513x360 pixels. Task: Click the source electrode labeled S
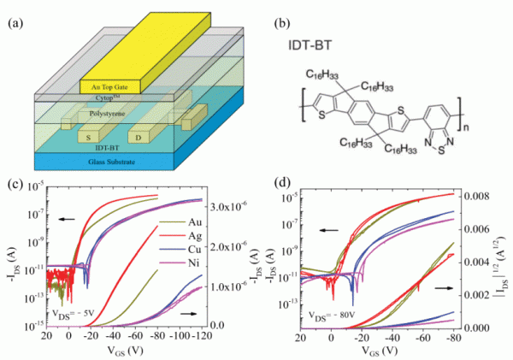coord(90,135)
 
